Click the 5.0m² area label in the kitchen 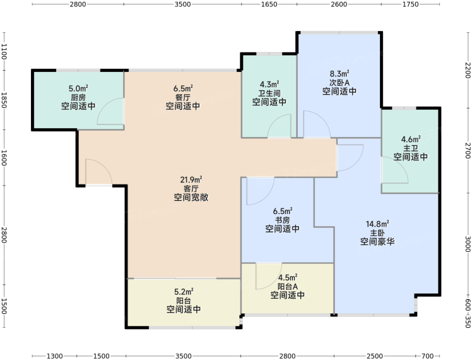[78, 88]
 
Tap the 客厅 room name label [191, 189]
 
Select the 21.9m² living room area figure [191, 180]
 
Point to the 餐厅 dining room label [183, 97]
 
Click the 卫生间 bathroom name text [269, 93]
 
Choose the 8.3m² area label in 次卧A [339, 73]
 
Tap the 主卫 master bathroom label [411, 148]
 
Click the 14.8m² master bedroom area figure [377, 224]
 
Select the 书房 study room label [282, 220]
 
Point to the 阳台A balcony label [288, 286]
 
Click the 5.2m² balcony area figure [184, 292]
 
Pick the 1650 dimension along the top [269, 4]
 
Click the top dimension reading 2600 [339, 4]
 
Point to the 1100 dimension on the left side [4, 51]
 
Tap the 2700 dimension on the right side [468, 150]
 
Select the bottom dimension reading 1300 [55, 356]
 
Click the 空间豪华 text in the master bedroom [377, 242]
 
